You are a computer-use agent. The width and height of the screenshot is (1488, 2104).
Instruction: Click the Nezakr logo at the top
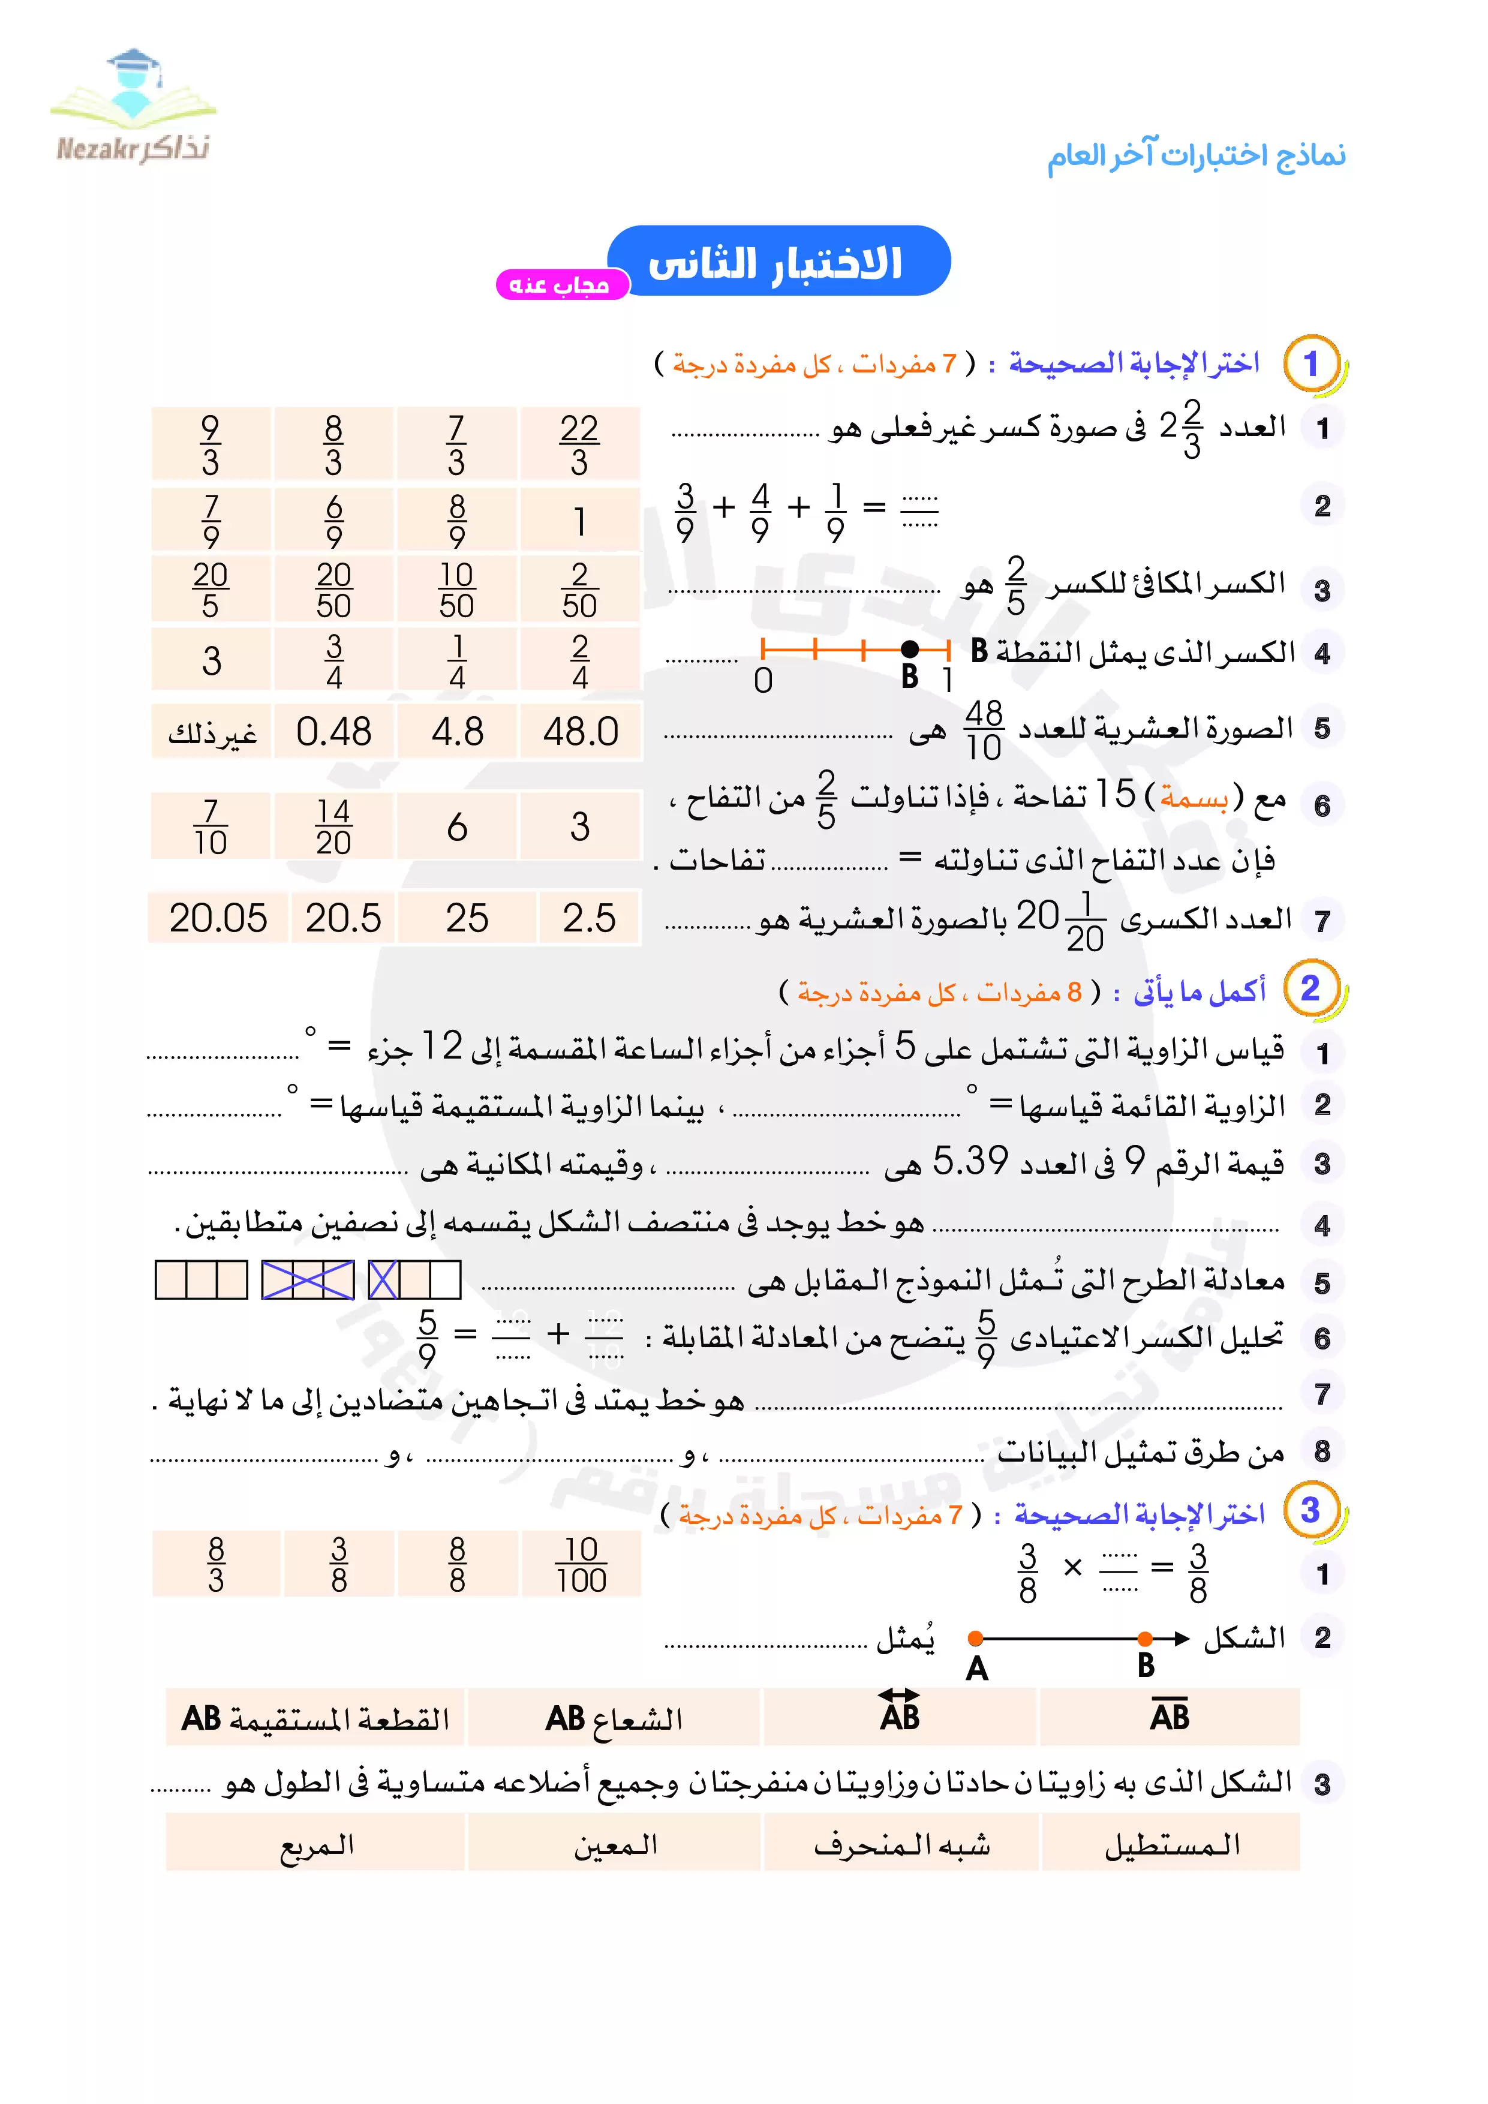click(134, 108)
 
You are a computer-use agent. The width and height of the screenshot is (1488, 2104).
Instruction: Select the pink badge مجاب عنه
click(561, 285)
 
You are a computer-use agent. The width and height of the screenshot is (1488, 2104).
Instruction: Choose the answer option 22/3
click(579, 444)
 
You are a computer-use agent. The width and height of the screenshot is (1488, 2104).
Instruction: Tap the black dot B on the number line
click(909, 650)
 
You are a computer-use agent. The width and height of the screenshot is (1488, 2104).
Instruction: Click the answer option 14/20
click(333, 826)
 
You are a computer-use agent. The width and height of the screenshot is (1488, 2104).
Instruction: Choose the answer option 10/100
click(581, 1564)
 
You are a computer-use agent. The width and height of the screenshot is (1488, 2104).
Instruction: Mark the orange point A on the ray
click(976, 1637)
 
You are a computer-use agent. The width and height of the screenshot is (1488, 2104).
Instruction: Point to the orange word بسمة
click(1194, 798)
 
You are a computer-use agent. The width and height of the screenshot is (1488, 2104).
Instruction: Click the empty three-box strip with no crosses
click(202, 1280)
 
